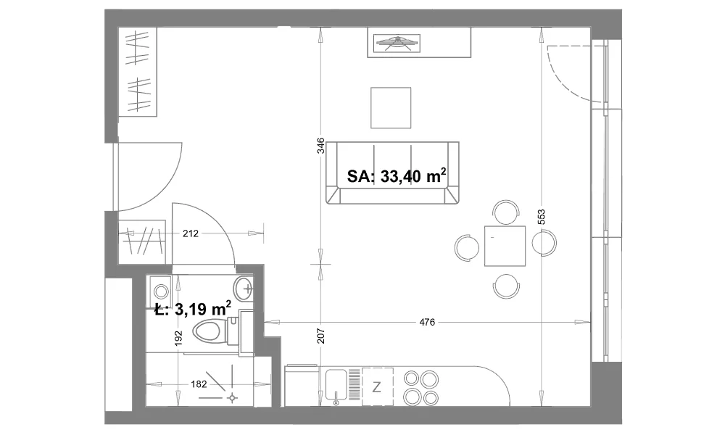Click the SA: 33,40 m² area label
pos(397,175)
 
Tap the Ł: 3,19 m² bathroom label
pos(192,308)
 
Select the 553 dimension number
pos(542,217)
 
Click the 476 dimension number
pos(427,322)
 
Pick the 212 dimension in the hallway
pos(191,233)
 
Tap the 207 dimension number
pos(321,336)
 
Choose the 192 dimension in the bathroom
pos(179,338)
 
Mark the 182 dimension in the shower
pos(199,384)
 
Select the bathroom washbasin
pos(244,289)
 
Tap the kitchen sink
pos(336,384)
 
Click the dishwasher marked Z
pos(377,387)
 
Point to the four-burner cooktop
pos(421,388)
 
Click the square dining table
pos(505,246)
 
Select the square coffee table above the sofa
pos(391,108)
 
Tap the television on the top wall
pos(397,43)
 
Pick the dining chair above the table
pos(506,212)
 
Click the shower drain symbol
pos(232,398)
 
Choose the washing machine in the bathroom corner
pos(160,291)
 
